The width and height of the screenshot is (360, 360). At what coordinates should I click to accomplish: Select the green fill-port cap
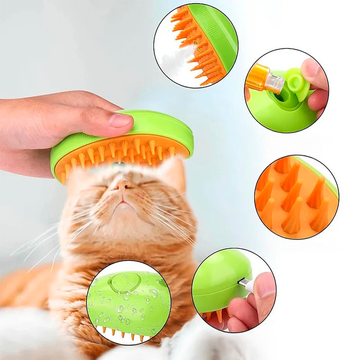297,82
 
